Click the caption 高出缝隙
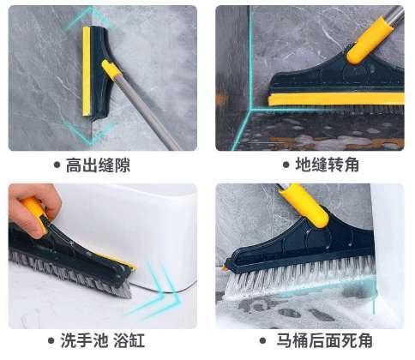coord(99,165)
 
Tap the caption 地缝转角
coord(328,165)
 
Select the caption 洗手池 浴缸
coord(103,340)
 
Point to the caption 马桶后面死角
coord(324,340)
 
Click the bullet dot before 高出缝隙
coord(57,165)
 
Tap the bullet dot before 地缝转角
coord(286,165)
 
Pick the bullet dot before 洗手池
coord(51,340)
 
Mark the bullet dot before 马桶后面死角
coord(262,340)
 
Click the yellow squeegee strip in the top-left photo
coord(87,71)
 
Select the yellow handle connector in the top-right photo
coord(369,40)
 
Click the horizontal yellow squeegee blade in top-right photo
coord(337,99)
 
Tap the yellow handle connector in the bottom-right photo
coord(304,205)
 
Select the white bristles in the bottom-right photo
coord(300,276)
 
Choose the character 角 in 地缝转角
coord(352,165)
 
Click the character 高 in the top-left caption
coord(74,165)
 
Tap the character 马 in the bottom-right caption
coord(285,340)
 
